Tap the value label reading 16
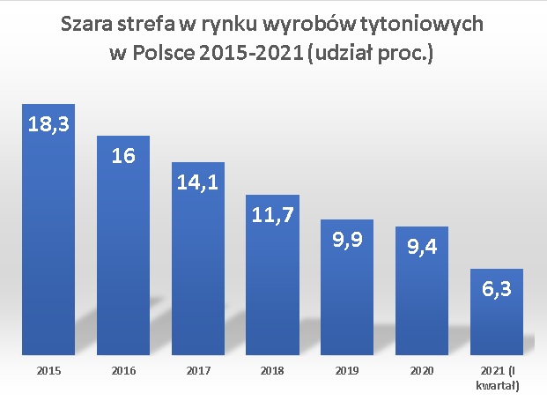pos(123,155)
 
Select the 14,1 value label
pos(198,183)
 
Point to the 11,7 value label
pos(273,214)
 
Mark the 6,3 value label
pos(498,288)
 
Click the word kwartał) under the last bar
pos(498,385)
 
